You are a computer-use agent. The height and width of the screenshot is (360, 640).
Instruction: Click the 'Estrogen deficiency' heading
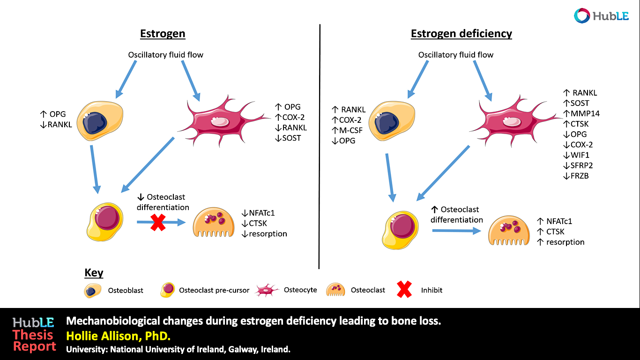(461, 34)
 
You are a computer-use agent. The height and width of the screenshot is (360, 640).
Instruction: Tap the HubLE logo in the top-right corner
(602, 16)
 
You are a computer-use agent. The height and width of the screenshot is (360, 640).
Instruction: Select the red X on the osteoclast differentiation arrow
(158, 222)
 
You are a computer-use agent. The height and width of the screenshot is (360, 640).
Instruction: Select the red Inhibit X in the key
(404, 289)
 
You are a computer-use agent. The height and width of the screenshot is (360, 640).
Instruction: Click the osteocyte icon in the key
(267, 290)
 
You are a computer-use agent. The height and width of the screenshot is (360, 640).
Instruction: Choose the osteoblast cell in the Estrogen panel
(100, 120)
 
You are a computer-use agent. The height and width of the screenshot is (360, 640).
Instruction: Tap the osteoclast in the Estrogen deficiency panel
(509, 231)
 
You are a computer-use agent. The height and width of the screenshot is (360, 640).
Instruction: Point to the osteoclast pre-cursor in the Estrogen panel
(105, 222)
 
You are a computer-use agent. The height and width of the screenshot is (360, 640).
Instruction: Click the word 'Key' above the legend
(94, 273)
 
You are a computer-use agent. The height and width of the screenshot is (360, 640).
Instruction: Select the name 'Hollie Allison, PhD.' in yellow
(118, 336)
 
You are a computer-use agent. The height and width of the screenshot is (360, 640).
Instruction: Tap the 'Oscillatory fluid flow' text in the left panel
(165, 55)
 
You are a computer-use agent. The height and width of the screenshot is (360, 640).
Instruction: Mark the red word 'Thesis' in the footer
(33, 335)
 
